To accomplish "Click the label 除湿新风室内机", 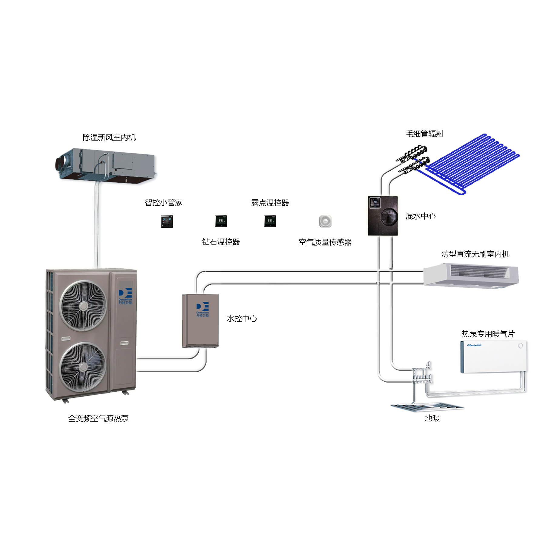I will click(x=109, y=138).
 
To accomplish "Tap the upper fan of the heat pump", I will click(x=83, y=306).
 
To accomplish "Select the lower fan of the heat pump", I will click(x=83, y=367).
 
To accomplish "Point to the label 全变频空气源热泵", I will click(x=98, y=418).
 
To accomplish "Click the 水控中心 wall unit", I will click(x=200, y=320).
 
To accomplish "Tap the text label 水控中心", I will click(x=242, y=318).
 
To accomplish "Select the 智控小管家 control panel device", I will click(x=167, y=221).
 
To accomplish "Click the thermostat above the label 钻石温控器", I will click(x=221, y=221).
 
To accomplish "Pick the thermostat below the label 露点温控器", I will click(x=270, y=221).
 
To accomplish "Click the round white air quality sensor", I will click(x=325, y=221).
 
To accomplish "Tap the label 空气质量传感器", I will click(x=325, y=242).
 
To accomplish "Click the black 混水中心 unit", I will click(x=383, y=216).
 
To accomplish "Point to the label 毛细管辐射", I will click(x=424, y=134).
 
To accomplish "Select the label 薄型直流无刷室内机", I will click(x=475, y=254).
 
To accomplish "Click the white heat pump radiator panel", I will click(x=494, y=356).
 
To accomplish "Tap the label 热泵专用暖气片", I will click(x=488, y=334).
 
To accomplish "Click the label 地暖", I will click(x=432, y=418).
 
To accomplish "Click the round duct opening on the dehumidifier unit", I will click(x=60, y=164).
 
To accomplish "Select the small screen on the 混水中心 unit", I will click(x=375, y=202).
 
